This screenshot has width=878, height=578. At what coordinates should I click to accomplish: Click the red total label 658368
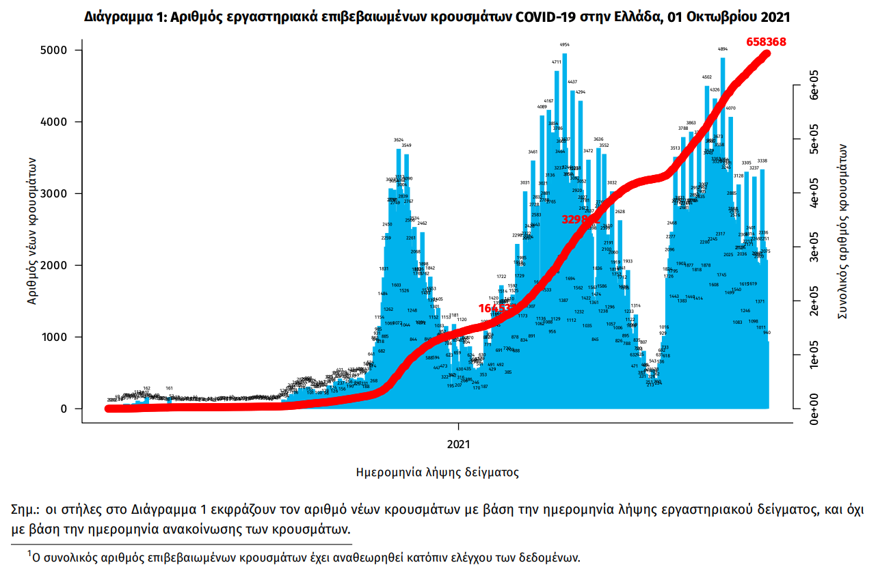[766, 42]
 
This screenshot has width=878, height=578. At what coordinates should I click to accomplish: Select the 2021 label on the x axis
[459, 444]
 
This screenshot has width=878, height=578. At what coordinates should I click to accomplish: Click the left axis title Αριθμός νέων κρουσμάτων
[32, 230]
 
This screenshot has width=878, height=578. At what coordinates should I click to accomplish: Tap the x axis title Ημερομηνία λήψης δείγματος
[438, 472]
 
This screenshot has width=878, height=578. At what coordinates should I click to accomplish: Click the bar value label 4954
[564, 44]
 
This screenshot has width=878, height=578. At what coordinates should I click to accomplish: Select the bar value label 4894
[722, 49]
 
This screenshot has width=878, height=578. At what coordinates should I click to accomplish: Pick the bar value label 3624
[399, 140]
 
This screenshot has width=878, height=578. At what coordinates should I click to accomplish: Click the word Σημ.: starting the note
[25, 510]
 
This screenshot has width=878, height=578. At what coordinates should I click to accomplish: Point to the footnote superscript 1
[29, 552]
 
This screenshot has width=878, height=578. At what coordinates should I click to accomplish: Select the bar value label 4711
[557, 62]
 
